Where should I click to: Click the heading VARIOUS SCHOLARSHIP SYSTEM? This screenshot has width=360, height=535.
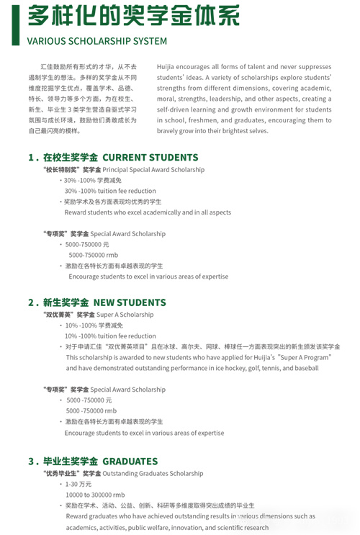[96, 42]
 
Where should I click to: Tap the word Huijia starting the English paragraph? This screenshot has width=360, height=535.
[167, 66]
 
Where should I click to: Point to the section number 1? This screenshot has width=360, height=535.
[31, 157]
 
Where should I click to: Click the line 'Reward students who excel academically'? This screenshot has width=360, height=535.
[148, 212]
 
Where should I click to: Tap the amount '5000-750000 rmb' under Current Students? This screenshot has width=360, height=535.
[93, 255]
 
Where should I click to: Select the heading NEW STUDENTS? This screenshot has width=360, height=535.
[130, 302]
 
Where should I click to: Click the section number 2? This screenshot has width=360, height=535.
[31, 302]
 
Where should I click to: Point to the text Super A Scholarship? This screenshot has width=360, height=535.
[125, 315]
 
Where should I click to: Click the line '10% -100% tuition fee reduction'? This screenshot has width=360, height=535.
[110, 336]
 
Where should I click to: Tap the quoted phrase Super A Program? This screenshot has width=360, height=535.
[306, 357]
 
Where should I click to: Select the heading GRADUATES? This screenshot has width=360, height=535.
[130, 461]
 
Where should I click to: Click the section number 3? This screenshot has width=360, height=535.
[31, 461]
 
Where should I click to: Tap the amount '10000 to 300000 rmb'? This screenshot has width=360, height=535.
[95, 495]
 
